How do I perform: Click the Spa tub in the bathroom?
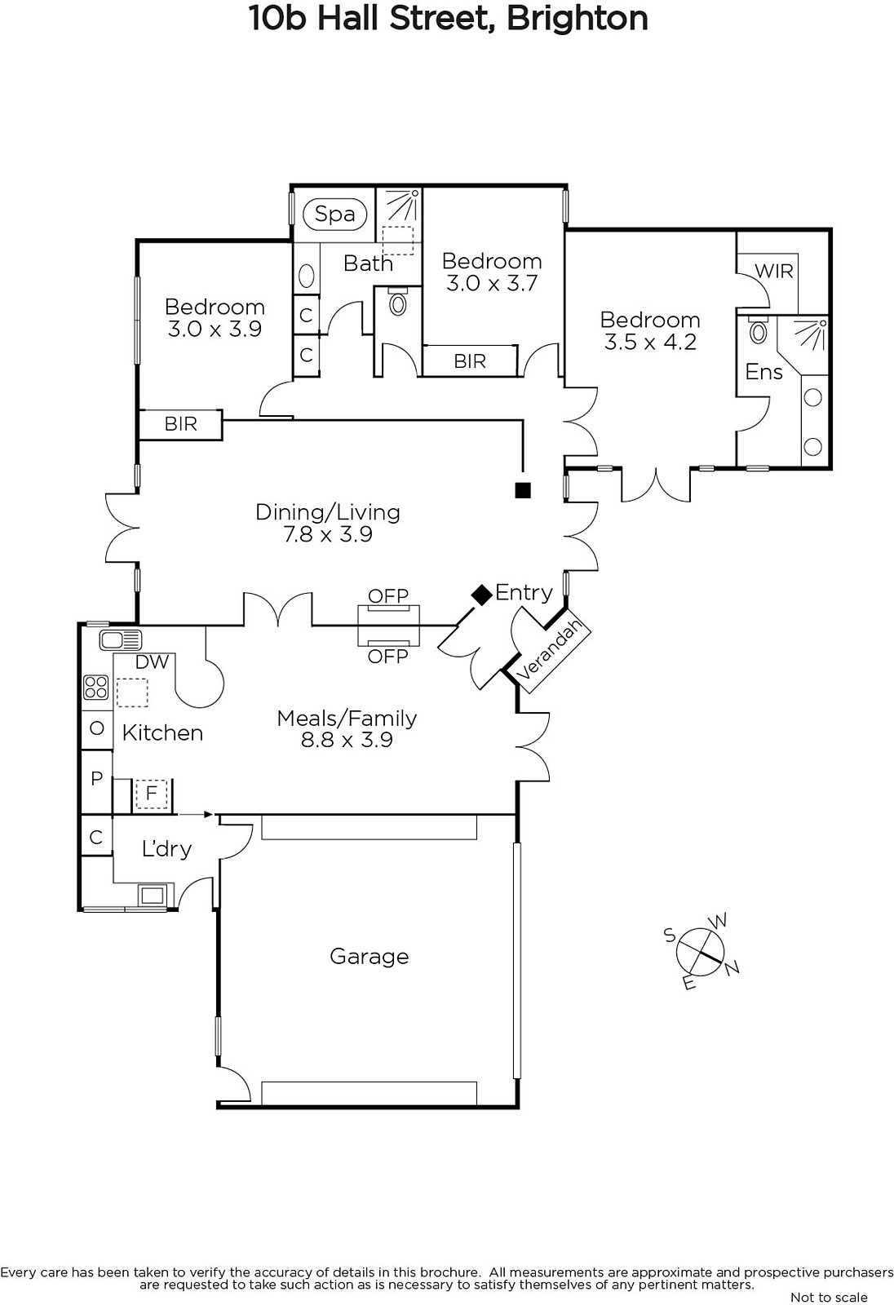click(x=334, y=215)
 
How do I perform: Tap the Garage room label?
click(x=369, y=956)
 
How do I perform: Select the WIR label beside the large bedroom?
click(x=774, y=271)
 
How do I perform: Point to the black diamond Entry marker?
click(x=482, y=595)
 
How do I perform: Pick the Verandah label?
click(x=550, y=649)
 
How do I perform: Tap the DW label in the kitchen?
click(x=152, y=661)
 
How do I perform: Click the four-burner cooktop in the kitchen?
click(x=96, y=686)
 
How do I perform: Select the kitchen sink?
click(x=121, y=639)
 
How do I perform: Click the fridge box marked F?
click(x=152, y=794)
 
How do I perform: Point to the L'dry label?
click(x=166, y=849)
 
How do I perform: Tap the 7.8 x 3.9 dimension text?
click(x=328, y=534)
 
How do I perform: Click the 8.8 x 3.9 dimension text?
click(x=347, y=740)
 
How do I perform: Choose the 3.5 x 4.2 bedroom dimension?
click(x=650, y=342)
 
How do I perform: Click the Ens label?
click(x=764, y=372)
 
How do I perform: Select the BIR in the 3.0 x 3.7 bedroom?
click(x=470, y=361)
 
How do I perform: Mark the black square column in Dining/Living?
click(x=523, y=490)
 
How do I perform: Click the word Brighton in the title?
click(x=577, y=19)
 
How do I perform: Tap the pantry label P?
click(x=97, y=778)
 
